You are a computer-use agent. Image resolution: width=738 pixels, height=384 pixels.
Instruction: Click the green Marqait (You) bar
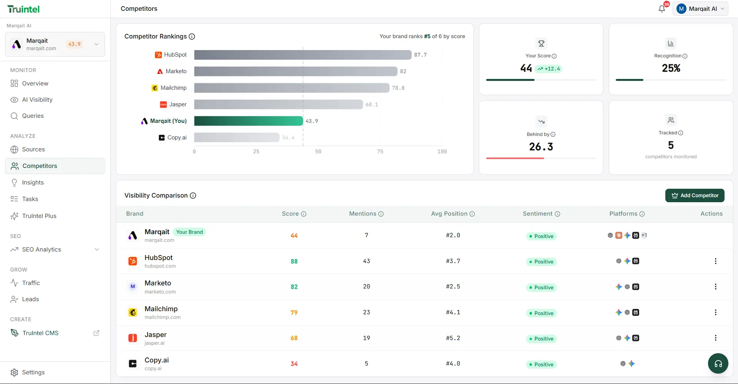click(248, 121)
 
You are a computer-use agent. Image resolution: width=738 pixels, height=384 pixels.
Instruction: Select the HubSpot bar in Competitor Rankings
click(303, 55)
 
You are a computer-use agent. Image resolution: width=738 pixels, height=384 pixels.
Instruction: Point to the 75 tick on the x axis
click(380, 152)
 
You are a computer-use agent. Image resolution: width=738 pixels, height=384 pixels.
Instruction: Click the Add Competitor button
click(695, 196)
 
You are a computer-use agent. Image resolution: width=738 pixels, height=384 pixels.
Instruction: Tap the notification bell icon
click(661, 9)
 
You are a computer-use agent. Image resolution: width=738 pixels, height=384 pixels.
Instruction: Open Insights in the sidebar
click(33, 183)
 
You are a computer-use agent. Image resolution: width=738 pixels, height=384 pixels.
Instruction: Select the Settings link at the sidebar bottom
click(33, 372)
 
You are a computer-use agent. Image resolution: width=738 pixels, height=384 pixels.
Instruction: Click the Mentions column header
click(366, 214)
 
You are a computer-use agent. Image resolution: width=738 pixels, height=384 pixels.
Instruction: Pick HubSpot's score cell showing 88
click(294, 262)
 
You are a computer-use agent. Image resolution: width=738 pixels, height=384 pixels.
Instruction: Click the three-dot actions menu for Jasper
click(715, 338)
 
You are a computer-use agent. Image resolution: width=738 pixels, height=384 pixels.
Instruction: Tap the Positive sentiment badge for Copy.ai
click(541, 364)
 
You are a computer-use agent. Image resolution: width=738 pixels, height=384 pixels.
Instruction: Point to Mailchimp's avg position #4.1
click(453, 312)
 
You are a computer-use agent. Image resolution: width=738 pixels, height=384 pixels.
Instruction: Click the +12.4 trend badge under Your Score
click(548, 69)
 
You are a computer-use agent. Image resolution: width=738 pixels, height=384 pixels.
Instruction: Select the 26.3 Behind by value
click(541, 147)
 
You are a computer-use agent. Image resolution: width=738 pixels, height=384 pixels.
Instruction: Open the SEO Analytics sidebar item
click(42, 250)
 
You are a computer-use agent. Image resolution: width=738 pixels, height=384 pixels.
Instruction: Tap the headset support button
click(718, 364)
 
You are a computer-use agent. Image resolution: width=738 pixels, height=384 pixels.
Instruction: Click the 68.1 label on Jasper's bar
click(371, 105)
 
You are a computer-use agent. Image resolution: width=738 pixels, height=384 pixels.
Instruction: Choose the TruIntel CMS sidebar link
click(40, 333)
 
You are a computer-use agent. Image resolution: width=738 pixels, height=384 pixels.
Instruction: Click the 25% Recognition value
click(671, 68)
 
